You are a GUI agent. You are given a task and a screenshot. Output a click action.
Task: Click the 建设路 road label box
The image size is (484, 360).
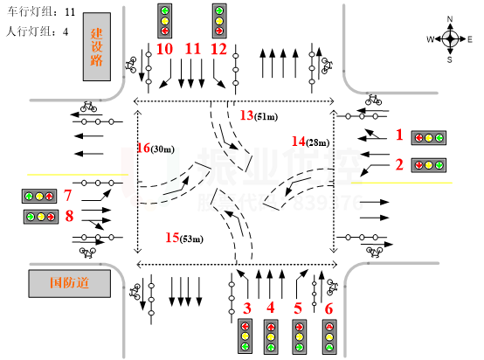(97, 46)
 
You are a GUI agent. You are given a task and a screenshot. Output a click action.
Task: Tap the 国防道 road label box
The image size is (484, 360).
(70, 283)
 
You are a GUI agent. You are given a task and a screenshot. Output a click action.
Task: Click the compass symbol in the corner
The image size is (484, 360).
(450, 38)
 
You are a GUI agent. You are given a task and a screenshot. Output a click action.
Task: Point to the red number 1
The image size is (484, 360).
(399, 135)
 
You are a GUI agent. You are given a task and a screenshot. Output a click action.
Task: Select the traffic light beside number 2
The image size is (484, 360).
(428, 165)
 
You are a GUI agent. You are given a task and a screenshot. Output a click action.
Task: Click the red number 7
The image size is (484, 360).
(67, 195)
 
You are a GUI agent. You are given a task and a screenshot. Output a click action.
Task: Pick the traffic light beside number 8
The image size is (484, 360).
(40, 217)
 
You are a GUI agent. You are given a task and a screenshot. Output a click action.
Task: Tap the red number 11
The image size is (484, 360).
(192, 49)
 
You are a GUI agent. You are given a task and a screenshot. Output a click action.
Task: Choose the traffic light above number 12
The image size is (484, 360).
(219, 21)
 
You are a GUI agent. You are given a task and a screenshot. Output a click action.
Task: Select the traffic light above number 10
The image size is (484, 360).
(164, 21)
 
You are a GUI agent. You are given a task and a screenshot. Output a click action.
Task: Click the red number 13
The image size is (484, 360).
(246, 114)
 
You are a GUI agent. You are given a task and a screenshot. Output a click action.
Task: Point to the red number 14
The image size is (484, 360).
(299, 141)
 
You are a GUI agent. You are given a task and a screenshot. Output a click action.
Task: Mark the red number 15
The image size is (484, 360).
(172, 238)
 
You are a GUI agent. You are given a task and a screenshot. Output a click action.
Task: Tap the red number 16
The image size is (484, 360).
(143, 149)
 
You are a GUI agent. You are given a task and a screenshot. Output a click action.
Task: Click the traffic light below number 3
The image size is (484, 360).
(245, 336)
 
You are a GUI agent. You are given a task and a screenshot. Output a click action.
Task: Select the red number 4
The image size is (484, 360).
(270, 308)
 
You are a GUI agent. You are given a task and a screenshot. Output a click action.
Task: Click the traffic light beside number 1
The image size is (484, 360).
(428, 138)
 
